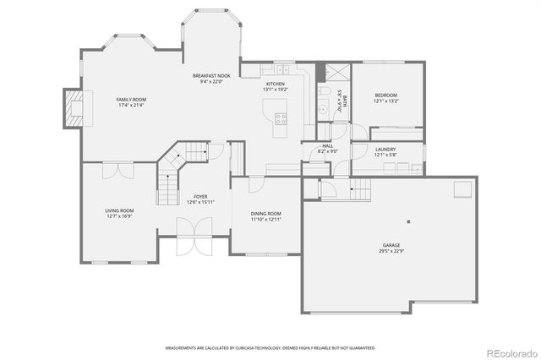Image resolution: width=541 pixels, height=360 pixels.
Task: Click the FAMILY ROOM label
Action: [x=131, y=100]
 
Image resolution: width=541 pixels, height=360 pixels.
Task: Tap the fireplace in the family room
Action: [x=74, y=108]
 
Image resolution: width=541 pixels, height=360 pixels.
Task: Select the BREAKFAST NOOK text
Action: [x=210, y=76]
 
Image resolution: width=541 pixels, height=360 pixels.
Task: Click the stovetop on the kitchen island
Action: [x=281, y=119]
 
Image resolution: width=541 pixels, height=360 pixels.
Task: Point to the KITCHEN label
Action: [x=276, y=85]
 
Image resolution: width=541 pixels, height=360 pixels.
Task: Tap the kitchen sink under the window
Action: [x=277, y=69]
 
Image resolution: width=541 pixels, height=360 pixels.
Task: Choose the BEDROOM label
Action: [x=385, y=95]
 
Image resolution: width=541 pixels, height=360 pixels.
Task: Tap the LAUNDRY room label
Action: [x=385, y=150]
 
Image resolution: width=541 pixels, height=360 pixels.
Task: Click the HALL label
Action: [x=327, y=146]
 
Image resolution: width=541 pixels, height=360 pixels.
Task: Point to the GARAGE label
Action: [x=391, y=245]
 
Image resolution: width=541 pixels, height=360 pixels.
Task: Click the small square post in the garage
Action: [x=407, y=221]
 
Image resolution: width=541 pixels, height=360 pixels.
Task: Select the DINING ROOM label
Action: [x=265, y=214]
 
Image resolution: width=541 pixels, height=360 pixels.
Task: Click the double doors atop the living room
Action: [x=119, y=170]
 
